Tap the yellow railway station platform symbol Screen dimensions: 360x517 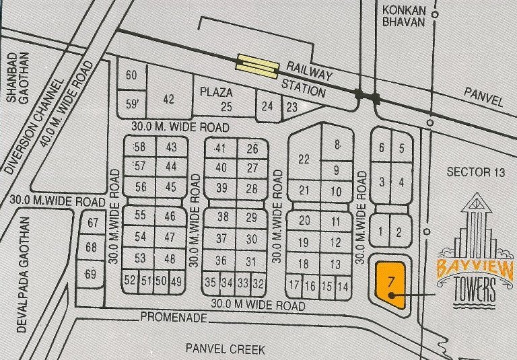coord(256,65)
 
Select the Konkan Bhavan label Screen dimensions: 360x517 coord(403,15)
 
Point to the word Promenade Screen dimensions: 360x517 coord(171,317)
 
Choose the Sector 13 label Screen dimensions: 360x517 coord(475,172)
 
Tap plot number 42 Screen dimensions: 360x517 coord(168,99)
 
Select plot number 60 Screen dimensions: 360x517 coord(132,75)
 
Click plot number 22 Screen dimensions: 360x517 coord(304,159)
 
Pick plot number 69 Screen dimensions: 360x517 coord(91,274)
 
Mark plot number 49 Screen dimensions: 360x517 coord(176,281)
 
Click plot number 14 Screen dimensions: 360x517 coord(343,287)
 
